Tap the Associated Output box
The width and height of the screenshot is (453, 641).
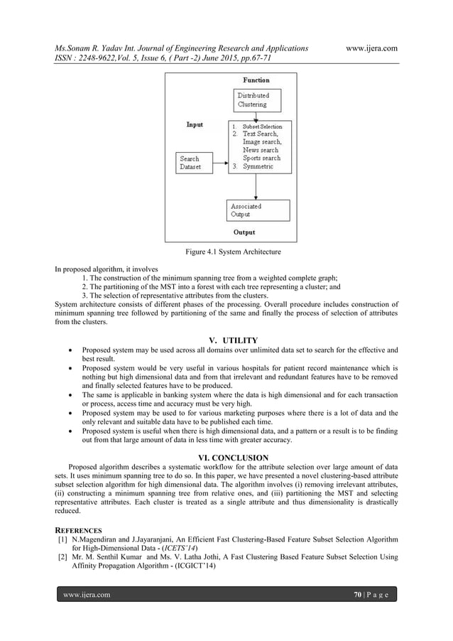click(x=257, y=210)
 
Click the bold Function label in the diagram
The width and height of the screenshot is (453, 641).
click(x=256, y=80)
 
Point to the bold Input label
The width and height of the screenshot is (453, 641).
click(x=195, y=124)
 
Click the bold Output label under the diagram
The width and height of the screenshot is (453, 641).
click(x=244, y=232)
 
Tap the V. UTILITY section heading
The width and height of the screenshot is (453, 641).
click(x=226, y=340)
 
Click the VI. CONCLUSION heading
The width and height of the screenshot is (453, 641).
click(x=226, y=457)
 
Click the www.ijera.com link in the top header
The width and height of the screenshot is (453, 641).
click(x=371, y=48)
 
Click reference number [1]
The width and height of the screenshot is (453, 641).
click(x=62, y=539)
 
